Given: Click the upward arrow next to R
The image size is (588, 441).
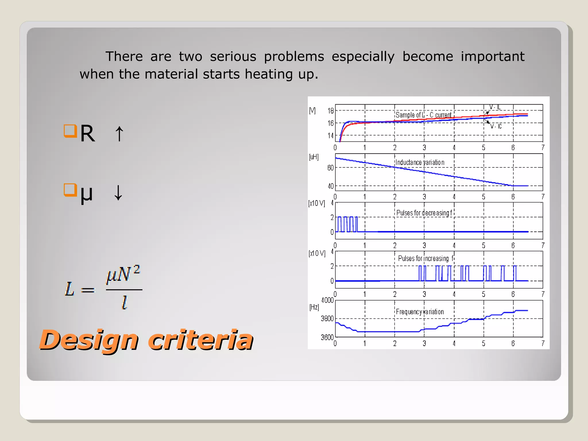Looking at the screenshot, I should coord(119,134).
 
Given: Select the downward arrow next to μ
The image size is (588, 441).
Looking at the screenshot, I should coord(118,193).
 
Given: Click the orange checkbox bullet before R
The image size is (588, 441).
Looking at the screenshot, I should coord(70,131).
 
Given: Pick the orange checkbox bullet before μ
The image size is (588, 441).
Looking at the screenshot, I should coord(70,190).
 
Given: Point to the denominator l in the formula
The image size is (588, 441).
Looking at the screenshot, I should coord(124,303).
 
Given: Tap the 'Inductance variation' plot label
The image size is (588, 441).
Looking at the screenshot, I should coord(420,163).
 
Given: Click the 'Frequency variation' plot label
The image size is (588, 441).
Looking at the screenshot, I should coord(420,312).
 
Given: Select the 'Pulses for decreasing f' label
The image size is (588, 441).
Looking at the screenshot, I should coord(424,213).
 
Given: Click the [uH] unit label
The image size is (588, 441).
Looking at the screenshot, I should coord(314,157).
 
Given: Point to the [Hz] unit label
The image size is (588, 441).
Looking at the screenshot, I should coord(314,307).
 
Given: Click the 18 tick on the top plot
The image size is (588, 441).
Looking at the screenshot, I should coord(331,111).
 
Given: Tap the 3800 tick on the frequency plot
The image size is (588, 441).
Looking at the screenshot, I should coord(327,319).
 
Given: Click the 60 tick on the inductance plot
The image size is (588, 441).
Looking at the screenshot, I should coord(330,168).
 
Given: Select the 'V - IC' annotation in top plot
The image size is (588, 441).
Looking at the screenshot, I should coord(496,126).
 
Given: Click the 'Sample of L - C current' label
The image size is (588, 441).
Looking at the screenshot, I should coord(423,115).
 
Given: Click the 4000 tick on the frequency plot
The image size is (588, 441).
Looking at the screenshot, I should coord(327,300).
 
